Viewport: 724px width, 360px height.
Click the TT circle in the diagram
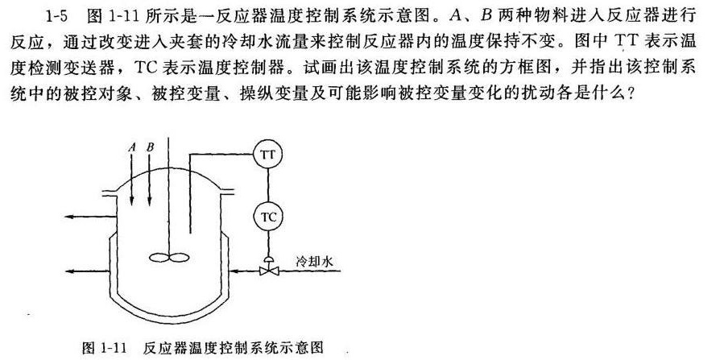(x=268, y=155)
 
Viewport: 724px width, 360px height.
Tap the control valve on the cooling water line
(x=268, y=267)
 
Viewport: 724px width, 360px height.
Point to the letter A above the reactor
(x=133, y=147)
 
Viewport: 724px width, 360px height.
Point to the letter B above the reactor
(x=150, y=147)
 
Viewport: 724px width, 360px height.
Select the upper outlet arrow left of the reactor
(x=89, y=217)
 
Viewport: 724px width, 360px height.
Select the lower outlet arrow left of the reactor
(x=89, y=271)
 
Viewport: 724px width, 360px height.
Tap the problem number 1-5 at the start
(x=57, y=17)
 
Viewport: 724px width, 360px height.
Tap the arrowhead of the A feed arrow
(x=132, y=200)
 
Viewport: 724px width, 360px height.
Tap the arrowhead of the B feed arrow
(x=149, y=200)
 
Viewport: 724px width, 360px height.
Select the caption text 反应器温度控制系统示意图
(x=234, y=347)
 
